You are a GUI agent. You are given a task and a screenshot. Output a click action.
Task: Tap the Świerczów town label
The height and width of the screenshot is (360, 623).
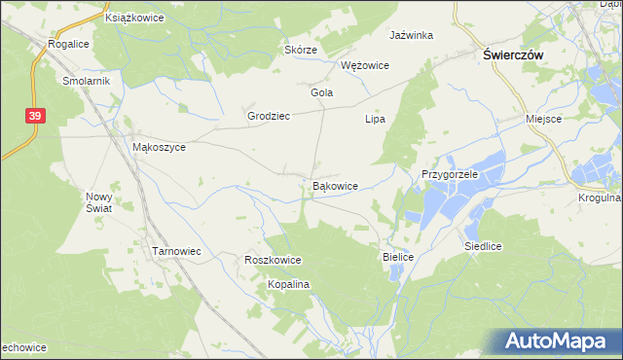pos(513,56)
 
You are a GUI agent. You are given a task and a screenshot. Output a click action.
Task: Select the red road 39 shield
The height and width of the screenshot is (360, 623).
pos(35,116)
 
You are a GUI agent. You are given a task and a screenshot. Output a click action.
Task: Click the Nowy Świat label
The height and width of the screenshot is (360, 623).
pos(100,201)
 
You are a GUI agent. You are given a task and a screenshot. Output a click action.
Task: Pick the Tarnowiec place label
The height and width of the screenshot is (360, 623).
pos(176,251)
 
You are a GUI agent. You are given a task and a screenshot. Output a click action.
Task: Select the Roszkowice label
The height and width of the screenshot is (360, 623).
pos(273,261)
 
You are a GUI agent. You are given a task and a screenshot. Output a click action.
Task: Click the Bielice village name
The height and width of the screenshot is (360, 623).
pos(397,256)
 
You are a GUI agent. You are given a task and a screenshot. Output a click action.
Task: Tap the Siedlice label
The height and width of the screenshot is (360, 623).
pos(483,247)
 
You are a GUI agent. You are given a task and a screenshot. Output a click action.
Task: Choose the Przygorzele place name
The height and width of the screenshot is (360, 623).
pos(449,174)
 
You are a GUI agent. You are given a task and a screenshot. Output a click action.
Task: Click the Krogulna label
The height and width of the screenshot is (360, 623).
pos(598,198)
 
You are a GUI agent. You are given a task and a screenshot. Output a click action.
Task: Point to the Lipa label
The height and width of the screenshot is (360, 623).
pos(375,119)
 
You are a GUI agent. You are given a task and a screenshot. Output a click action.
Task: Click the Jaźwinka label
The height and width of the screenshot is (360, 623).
pos(411,35)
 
